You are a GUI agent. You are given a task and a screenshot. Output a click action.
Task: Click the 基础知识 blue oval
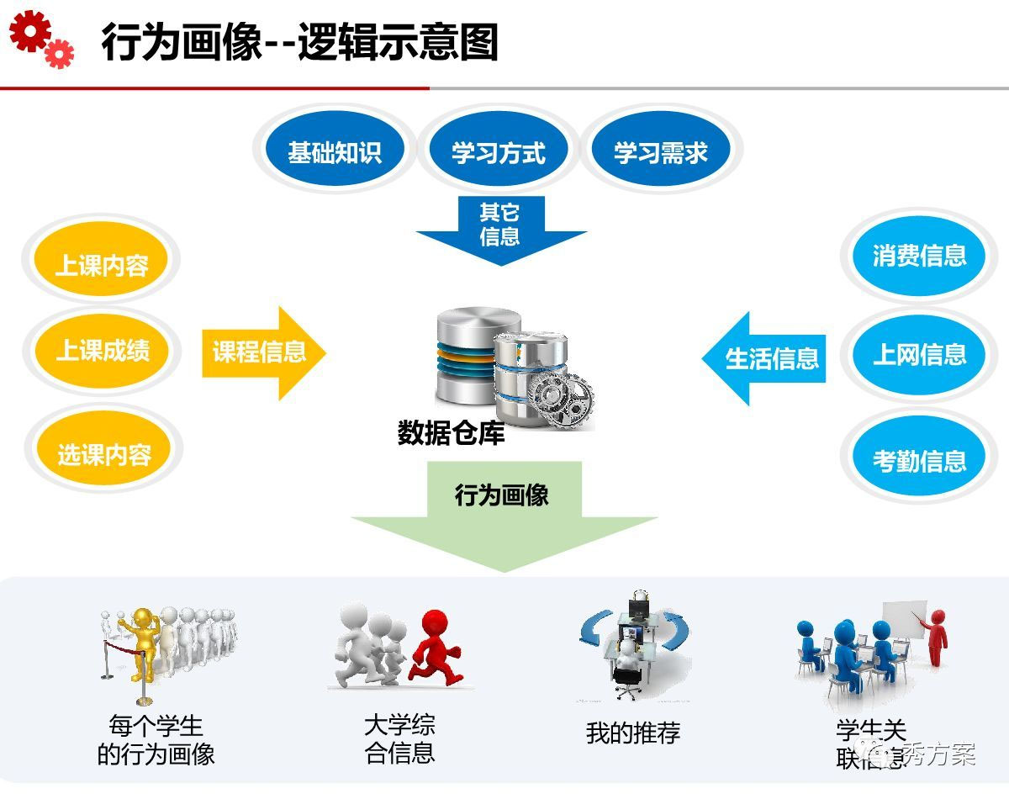click(335, 153)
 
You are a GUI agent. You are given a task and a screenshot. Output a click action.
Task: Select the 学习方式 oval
click(499, 153)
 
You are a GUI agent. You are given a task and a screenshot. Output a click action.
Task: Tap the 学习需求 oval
click(661, 153)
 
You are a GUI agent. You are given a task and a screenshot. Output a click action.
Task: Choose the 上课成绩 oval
click(102, 350)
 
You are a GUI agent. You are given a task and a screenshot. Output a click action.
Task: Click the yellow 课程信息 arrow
click(261, 352)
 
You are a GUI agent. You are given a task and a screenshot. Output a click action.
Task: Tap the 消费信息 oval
click(919, 256)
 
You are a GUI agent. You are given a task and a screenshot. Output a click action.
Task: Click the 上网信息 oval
click(919, 355)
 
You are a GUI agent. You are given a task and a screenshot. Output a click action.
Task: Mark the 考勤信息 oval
click(919, 460)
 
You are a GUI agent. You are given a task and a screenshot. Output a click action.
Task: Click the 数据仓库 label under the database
click(451, 433)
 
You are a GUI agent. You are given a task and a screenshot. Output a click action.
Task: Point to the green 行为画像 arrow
click(503, 513)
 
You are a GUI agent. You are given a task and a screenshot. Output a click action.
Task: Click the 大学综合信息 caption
click(399, 738)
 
